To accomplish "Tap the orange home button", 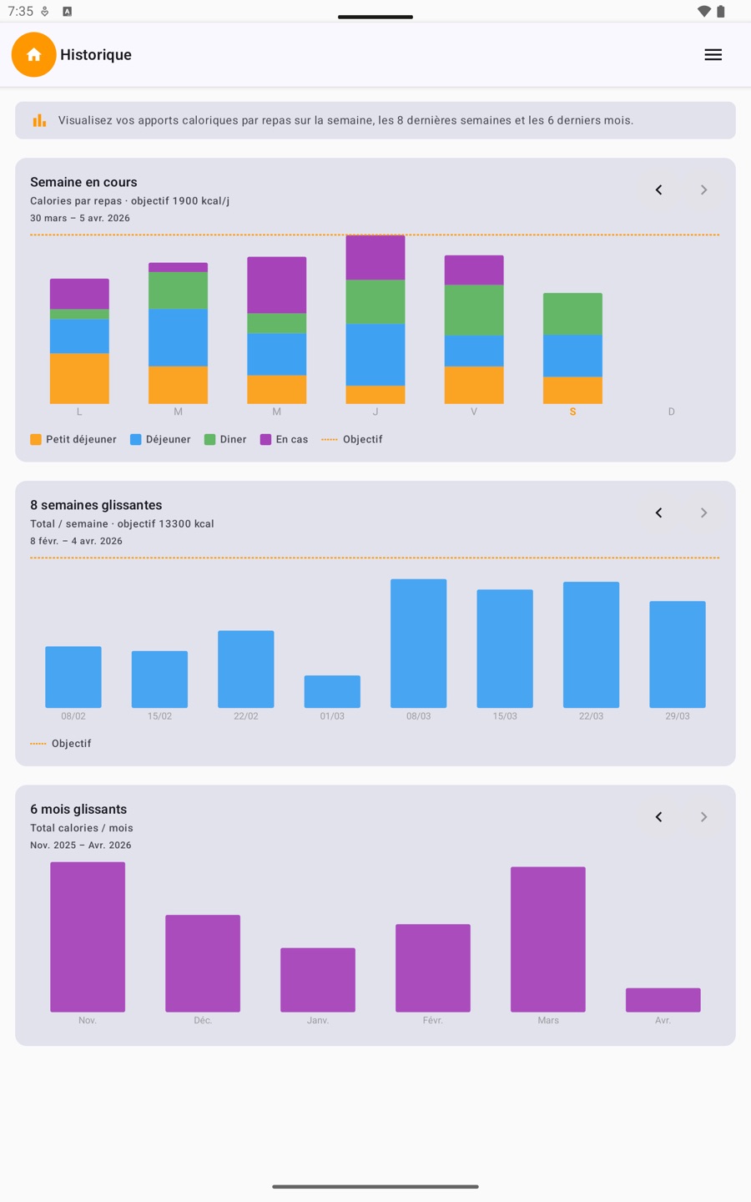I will pos(33,54).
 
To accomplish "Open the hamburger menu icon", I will pos(713,54).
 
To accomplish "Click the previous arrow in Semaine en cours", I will pos(658,190).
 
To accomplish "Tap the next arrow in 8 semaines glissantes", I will pos(703,513).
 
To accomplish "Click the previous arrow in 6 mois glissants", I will pos(658,817).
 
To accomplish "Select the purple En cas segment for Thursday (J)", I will pos(375,257).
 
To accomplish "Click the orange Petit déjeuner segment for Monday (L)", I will pos(79,378).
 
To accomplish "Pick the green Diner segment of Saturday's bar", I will pos(572,314).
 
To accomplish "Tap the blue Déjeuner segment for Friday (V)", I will pos(474,351).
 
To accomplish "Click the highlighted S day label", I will pos(572,412).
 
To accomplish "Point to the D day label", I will pos(671,412).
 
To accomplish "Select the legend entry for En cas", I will pos(284,439).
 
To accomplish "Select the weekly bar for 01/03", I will pos(332,691).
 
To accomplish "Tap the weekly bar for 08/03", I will pos(418,643).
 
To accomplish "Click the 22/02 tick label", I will pos(245,716).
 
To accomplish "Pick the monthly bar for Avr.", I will pos(663,1000).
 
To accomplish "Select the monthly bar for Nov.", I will pos(88,937).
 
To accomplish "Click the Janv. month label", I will pos(317,1020).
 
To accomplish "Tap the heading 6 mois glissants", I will pos(78,809).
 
